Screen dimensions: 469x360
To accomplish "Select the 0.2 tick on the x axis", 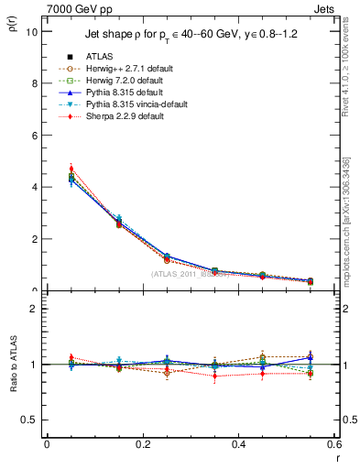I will click(142, 444).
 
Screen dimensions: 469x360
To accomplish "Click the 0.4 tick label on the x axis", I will click(238, 444).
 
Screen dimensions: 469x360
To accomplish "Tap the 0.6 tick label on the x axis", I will click(333, 444).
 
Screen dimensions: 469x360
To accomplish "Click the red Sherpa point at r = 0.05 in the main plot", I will click(71, 169).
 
